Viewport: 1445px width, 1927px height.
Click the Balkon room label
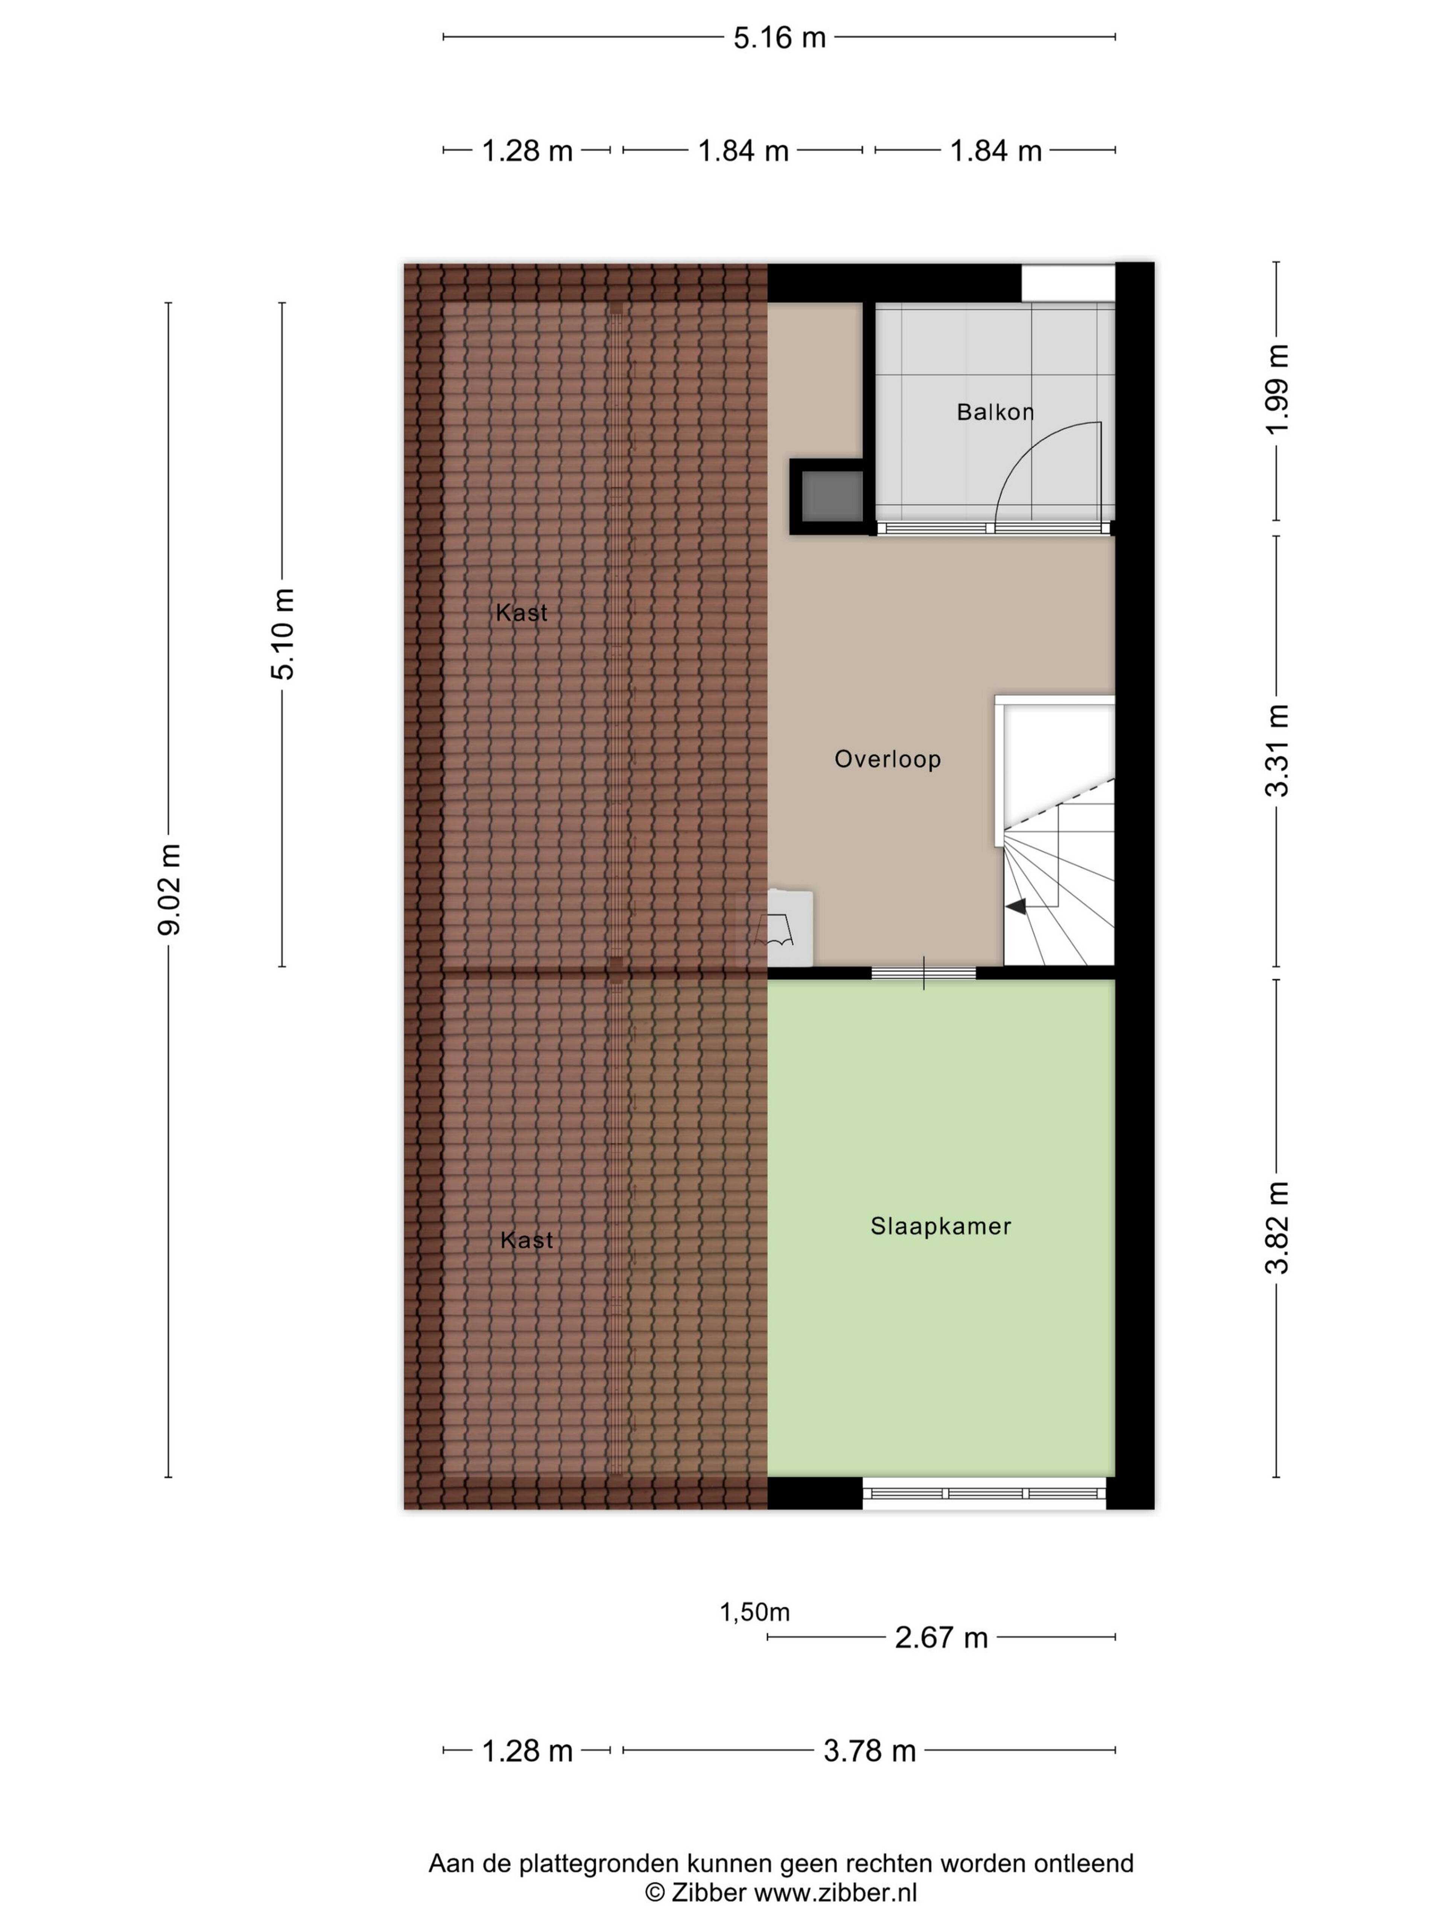[995, 411]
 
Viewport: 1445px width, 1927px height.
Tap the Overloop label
[888, 759]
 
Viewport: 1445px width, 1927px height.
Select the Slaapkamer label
[941, 1226]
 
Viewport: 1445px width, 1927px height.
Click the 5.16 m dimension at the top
[779, 38]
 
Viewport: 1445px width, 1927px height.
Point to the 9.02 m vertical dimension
[169, 889]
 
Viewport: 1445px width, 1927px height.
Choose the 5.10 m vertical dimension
[282, 633]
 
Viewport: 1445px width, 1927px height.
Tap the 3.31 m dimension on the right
[1277, 750]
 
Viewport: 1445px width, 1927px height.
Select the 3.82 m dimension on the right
[1277, 1227]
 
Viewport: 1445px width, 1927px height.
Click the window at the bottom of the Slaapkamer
[984, 1492]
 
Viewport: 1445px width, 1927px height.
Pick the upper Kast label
[522, 612]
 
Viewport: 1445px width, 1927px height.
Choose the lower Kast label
[527, 1240]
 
